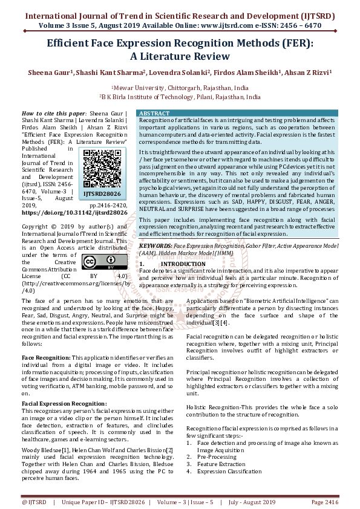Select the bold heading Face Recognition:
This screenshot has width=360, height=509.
point(45,358)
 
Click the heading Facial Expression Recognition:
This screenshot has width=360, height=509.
point(64,403)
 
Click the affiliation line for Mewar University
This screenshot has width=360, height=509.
point(180,88)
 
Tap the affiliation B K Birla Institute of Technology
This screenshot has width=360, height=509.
point(180,96)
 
